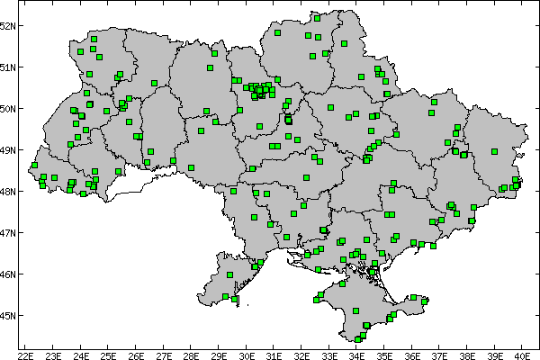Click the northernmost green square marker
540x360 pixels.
tap(317, 17)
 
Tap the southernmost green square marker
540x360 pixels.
tap(358, 338)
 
